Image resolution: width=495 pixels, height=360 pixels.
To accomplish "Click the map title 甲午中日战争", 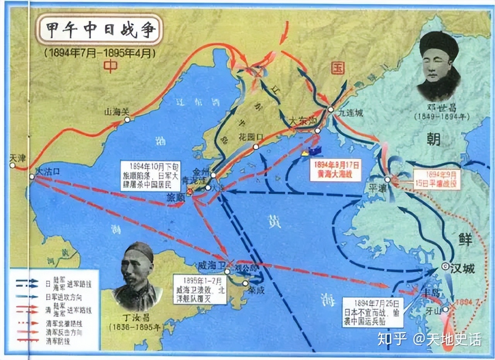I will click(x=99, y=30).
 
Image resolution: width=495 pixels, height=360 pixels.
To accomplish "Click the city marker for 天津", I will click(x=13, y=166).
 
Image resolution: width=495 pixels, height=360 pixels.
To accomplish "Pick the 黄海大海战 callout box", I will click(x=335, y=170).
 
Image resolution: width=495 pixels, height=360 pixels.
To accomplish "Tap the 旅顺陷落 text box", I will click(x=145, y=175).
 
